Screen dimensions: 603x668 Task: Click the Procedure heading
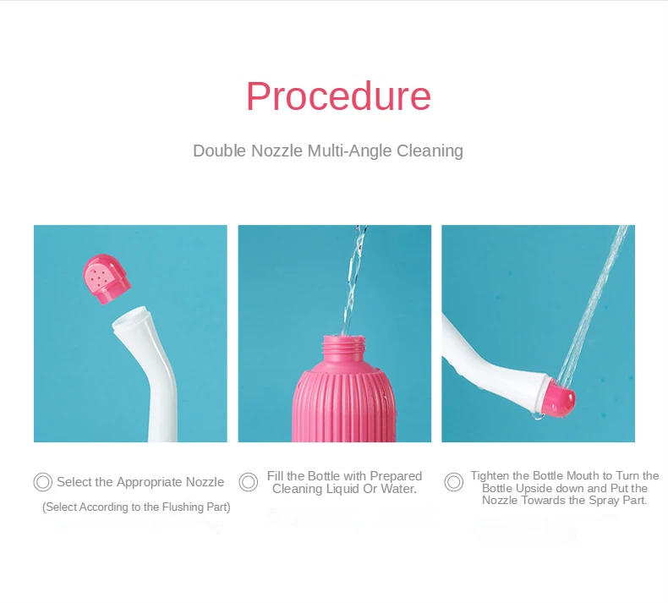point(338,96)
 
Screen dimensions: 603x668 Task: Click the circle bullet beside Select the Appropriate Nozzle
point(43,482)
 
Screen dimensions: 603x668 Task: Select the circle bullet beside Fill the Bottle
point(249,482)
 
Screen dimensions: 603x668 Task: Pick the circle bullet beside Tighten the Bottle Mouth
point(454,482)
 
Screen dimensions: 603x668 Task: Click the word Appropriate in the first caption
point(149,482)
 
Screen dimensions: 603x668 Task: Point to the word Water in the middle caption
point(398,489)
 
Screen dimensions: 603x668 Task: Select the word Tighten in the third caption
point(490,476)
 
